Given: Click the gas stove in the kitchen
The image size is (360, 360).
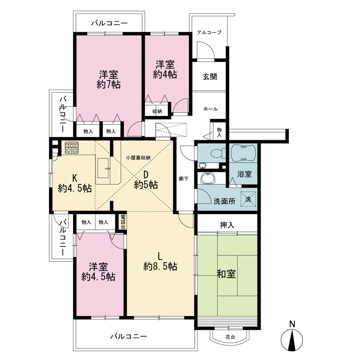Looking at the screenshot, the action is click(x=72, y=148).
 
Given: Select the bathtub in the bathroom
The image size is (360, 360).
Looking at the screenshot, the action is click(x=243, y=153).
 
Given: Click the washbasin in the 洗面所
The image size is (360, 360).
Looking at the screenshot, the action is click(x=208, y=178).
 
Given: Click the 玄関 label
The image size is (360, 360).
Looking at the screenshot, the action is click(x=210, y=76).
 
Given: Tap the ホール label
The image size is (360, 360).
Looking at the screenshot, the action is click(x=211, y=109).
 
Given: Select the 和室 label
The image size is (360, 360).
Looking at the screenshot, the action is click(x=226, y=274).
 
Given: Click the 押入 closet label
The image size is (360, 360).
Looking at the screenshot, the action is click(x=227, y=225).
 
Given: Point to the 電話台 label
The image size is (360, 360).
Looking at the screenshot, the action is click(x=123, y=222).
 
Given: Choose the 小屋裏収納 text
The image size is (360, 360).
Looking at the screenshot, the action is click(x=138, y=158).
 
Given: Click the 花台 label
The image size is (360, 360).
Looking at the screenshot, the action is click(x=230, y=337).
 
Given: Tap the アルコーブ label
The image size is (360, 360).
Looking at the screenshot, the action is click(x=209, y=32).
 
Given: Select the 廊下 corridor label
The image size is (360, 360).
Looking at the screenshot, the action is click(x=184, y=179).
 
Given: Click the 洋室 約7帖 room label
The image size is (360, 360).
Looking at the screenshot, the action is click(x=109, y=80).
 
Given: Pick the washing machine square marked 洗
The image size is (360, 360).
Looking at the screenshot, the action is click(x=248, y=199).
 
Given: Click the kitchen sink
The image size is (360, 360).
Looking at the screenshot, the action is click(x=103, y=168).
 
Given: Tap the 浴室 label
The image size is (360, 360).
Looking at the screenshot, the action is click(x=244, y=174).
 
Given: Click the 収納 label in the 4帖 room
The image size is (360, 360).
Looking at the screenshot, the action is click(x=157, y=111).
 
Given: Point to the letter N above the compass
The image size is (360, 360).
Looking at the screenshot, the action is click(x=292, y=324).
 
